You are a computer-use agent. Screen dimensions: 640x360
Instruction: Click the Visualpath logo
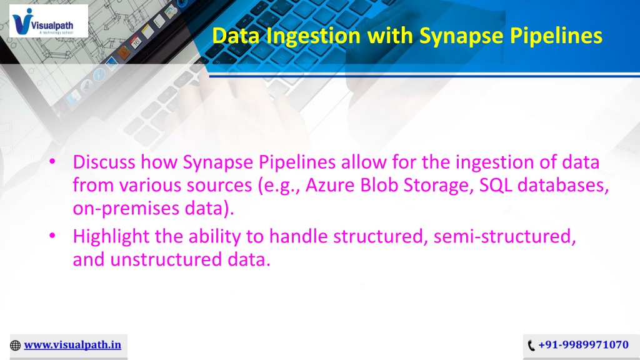point(49,21)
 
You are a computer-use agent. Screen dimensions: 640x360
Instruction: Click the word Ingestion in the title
point(314,36)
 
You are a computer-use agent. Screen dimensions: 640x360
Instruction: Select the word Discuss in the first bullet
point(104,162)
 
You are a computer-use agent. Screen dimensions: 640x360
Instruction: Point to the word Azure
point(330,185)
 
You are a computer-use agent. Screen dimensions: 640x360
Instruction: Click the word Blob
point(379,185)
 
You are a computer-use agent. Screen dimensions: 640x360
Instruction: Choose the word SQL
point(496,185)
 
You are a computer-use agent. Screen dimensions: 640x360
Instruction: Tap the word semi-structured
point(504,236)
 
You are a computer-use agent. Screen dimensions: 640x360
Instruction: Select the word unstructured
point(166,259)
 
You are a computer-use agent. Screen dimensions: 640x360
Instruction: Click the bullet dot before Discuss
point(52,162)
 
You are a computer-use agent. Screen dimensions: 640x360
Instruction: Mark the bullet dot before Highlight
point(52,236)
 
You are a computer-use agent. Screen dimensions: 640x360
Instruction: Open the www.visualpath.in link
point(72,345)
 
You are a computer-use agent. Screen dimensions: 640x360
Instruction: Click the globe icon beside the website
point(15,345)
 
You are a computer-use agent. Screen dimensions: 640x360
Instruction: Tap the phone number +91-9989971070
point(583,345)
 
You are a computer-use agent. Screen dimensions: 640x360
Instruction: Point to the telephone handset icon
point(531,345)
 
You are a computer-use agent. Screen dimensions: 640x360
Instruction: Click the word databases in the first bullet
point(563,185)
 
